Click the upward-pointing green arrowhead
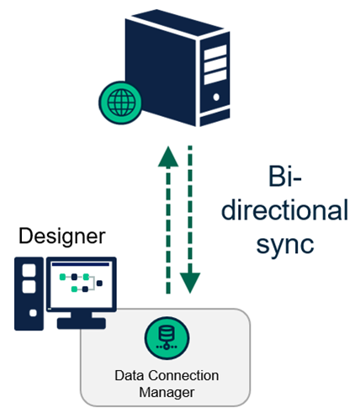[169, 156]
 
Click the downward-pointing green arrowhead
[192, 283]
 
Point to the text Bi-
[285, 177]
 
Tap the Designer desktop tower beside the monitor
[31, 291]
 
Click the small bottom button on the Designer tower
[31, 313]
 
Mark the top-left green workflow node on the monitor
[61, 274]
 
